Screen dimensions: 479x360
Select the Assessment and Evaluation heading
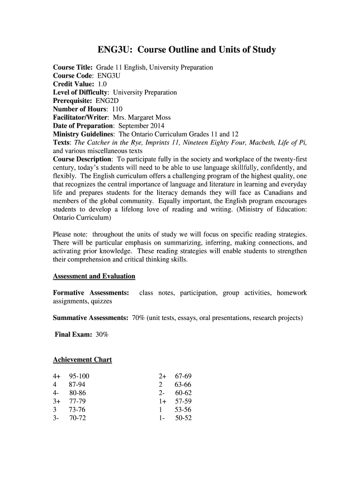[x=94, y=276]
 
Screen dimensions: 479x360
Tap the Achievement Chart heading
[x=82, y=360]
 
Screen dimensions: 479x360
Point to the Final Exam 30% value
[x=102, y=335]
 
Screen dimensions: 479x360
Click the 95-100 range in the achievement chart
[x=79, y=376]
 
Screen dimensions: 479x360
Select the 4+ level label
[x=57, y=376]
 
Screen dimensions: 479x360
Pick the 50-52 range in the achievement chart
[x=183, y=418]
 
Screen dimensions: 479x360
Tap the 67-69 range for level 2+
[x=183, y=376]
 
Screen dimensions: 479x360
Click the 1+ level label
[x=163, y=401]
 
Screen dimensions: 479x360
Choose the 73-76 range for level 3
[x=78, y=410]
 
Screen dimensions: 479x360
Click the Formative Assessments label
[x=91, y=293]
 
